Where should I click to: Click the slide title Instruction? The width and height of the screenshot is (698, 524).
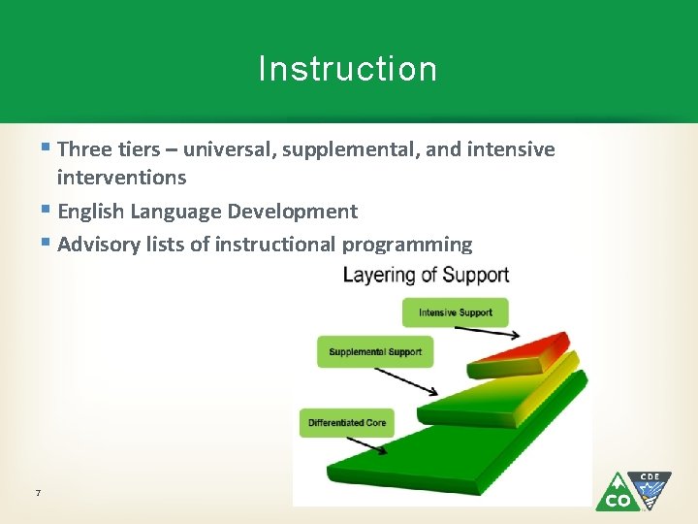point(348,69)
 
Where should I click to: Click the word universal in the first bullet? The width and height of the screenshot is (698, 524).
point(229,149)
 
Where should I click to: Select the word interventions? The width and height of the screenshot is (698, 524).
point(121,178)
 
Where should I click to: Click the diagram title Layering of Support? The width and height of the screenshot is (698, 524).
point(426,275)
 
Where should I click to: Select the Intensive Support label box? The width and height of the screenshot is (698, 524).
point(455,312)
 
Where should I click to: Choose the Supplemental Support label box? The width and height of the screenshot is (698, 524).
point(375,351)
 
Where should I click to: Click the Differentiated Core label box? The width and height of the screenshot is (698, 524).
point(346,422)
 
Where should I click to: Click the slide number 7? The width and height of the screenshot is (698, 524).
point(37,494)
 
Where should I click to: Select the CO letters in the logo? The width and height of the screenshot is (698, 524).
point(618,501)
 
